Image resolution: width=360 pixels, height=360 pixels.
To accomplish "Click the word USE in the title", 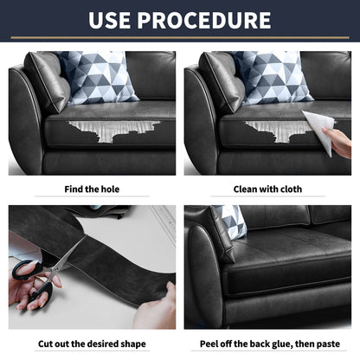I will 115,20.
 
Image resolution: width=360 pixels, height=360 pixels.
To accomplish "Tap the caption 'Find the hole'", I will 93,189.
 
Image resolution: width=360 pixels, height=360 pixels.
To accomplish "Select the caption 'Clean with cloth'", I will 267,189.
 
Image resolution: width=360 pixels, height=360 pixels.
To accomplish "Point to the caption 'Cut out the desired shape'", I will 92,342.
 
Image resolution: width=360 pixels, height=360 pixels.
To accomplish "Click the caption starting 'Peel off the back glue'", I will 267,342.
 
